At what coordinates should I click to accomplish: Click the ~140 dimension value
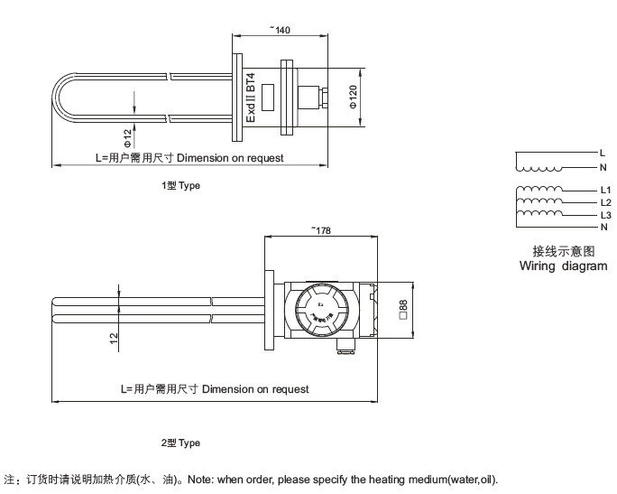tap(281, 30)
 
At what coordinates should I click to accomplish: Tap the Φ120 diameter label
tap(354, 98)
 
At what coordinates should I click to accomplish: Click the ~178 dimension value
tap(320, 230)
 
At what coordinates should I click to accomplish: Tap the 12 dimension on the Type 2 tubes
tap(113, 338)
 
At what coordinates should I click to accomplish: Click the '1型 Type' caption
tap(180, 185)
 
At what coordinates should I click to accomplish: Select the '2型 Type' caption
tap(180, 443)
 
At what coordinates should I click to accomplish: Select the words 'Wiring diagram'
tap(563, 266)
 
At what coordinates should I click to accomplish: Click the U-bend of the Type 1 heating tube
tap(60, 98)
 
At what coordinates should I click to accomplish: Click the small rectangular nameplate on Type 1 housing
tap(268, 102)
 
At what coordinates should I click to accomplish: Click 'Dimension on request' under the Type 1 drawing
tap(230, 158)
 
